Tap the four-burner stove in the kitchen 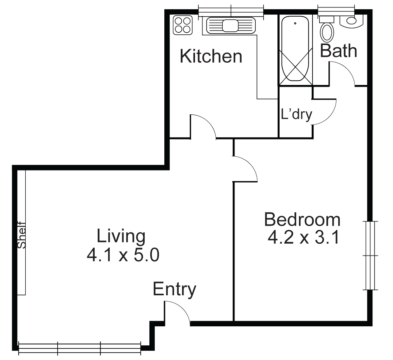(x=183, y=25)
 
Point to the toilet (x=327, y=30)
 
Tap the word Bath (x=338, y=51)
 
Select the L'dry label (x=296, y=114)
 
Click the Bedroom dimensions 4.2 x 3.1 (x=303, y=238)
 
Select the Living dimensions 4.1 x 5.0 (x=123, y=255)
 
